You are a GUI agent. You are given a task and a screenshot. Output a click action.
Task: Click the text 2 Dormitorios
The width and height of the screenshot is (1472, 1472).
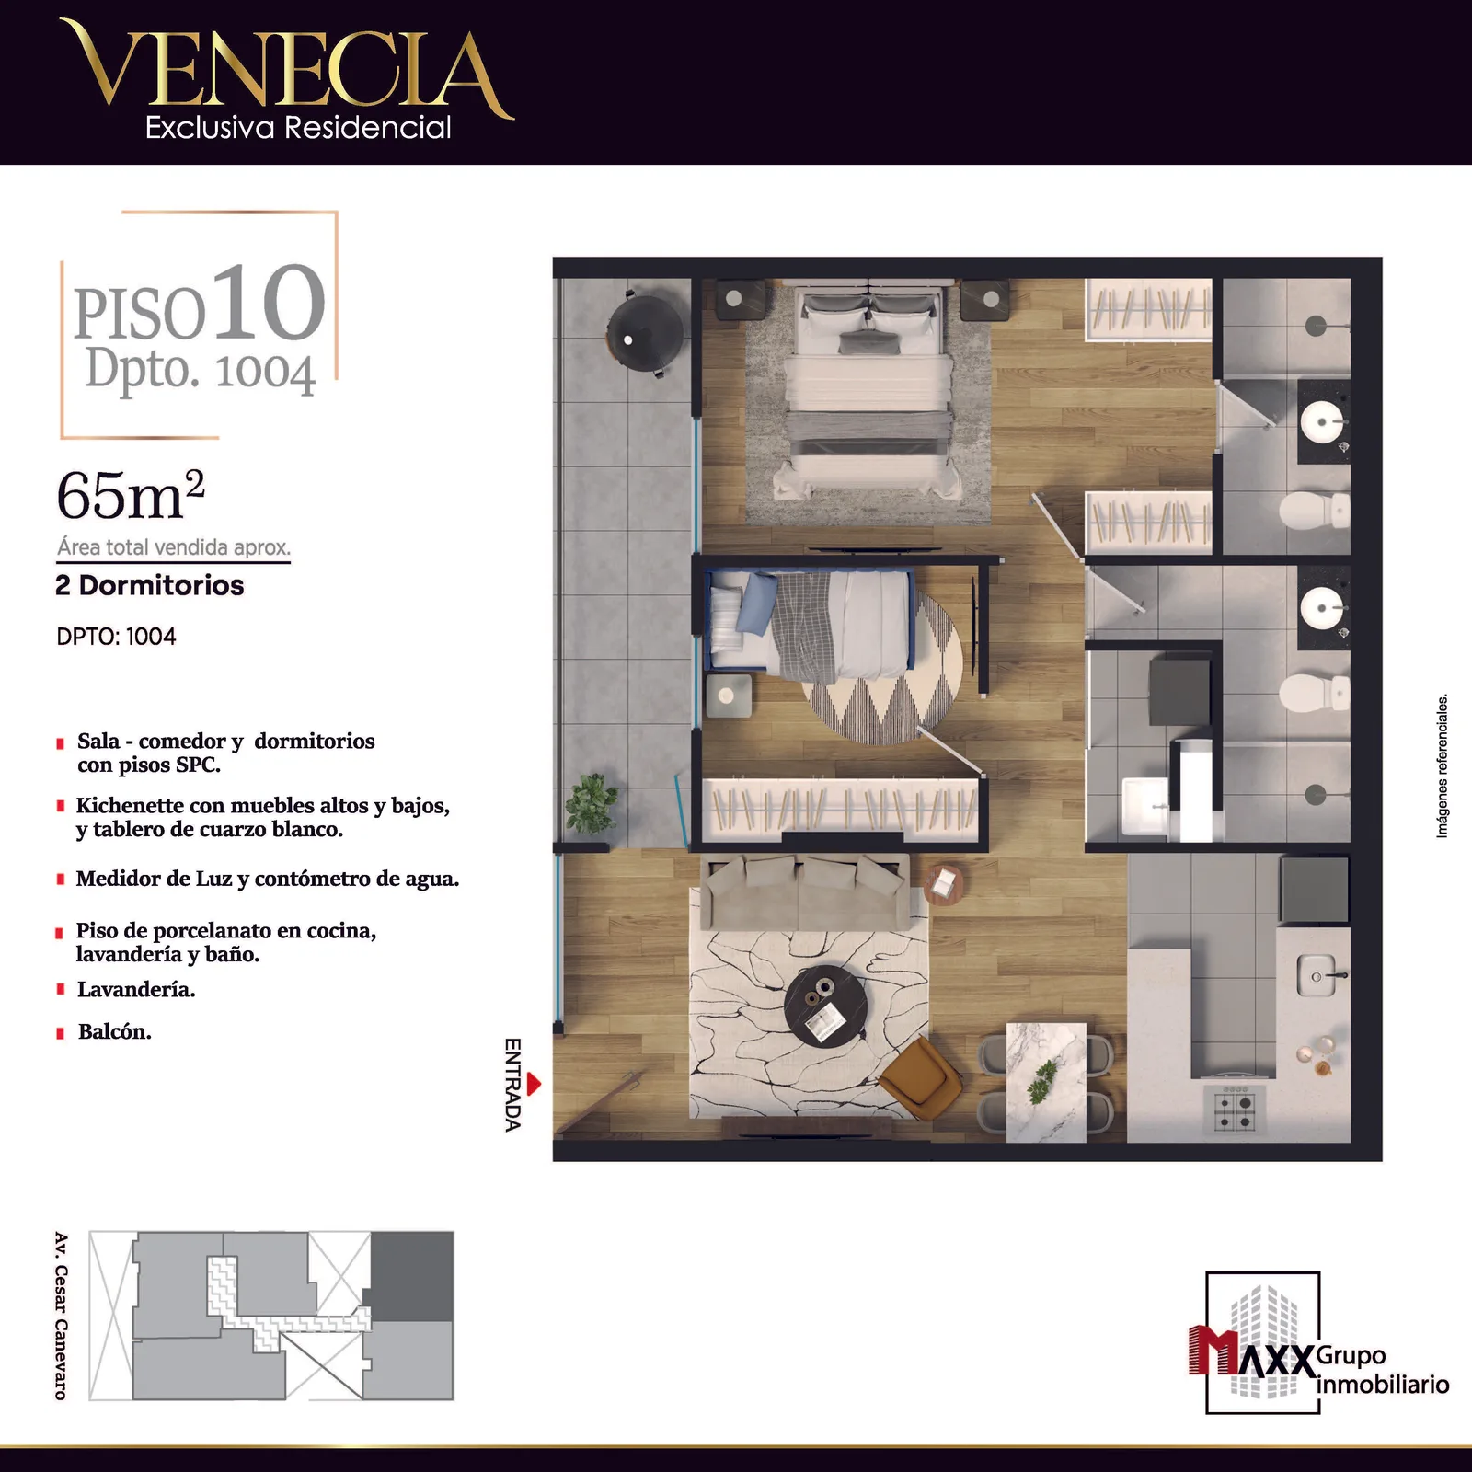click(x=150, y=585)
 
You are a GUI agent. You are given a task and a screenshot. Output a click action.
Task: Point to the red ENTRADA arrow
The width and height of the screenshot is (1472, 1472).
click(x=534, y=1085)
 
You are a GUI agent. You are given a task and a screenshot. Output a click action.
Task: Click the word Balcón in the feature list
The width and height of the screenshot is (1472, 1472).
click(x=115, y=1032)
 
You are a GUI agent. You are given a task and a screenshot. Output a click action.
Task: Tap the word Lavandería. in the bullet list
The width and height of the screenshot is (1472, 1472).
click(x=136, y=990)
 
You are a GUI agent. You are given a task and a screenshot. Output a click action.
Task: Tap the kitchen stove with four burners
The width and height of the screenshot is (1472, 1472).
click(x=1235, y=1110)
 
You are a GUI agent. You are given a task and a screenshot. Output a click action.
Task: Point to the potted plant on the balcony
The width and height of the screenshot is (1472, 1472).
click(x=592, y=802)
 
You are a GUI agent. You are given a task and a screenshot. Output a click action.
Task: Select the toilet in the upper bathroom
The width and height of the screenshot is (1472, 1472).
click(x=1315, y=510)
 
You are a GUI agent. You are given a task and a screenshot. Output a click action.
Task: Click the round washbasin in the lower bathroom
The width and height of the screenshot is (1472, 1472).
click(x=1323, y=608)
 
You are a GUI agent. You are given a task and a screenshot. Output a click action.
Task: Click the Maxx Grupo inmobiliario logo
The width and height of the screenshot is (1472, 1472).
click(x=1317, y=1343)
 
